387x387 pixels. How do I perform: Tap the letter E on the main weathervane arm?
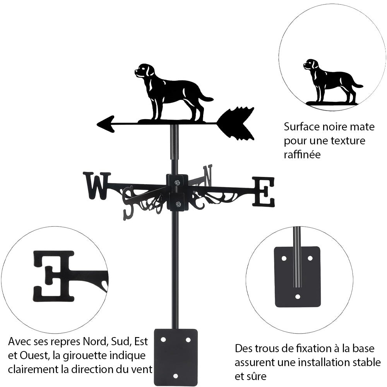[264, 192]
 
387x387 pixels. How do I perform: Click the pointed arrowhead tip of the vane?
[97, 124]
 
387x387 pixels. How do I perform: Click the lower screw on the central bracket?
[178, 204]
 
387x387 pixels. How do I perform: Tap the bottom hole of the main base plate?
[175, 376]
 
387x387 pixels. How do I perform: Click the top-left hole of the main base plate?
[163, 340]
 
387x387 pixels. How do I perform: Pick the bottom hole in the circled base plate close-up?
[298, 296]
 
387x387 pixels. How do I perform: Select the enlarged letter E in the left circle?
[54, 276]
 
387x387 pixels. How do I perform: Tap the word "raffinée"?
[302, 154]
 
